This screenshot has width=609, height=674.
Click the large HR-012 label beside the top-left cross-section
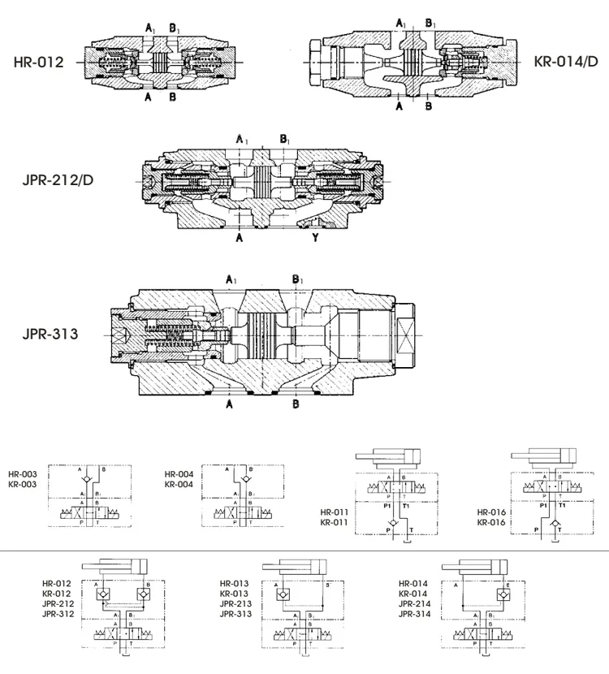tap(38, 62)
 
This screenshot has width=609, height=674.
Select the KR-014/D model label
tap(567, 61)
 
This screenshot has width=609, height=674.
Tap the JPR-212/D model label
tap(58, 179)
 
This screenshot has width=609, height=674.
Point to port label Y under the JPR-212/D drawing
tap(314, 239)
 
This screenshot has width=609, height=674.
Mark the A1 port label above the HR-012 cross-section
tap(150, 28)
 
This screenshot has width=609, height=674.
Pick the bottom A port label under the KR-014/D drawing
tap(400, 106)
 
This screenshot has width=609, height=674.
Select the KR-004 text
tap(178, 484)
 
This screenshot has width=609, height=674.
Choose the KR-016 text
tap(492, 522)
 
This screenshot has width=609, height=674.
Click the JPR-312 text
tap(57, 614)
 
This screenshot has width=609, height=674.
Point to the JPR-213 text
tap(235, 604)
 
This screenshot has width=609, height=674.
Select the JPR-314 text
tap(414, 614)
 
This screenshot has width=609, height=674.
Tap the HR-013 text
tap(235, 583)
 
